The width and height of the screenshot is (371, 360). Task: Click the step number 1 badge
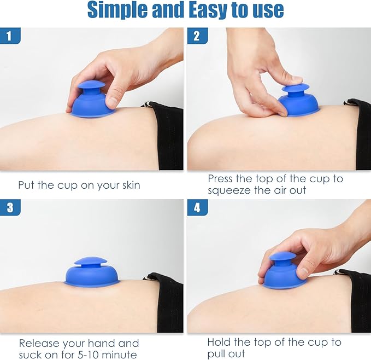[10, 36]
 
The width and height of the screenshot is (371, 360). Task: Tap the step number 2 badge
[197, 36]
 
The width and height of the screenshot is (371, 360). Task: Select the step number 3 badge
[10, 207]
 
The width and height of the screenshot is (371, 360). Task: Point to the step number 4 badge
[197, 207]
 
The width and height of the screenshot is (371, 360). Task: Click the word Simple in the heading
[118, 10]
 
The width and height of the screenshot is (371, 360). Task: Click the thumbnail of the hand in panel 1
[112, 101]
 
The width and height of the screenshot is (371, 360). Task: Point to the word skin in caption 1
[131, 185]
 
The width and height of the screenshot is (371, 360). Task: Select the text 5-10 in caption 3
[88, 355]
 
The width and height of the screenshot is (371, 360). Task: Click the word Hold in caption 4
[219, 342]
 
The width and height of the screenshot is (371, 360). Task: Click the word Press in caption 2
[220, 179]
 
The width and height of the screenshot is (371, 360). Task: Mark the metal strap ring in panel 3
[148, 277]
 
